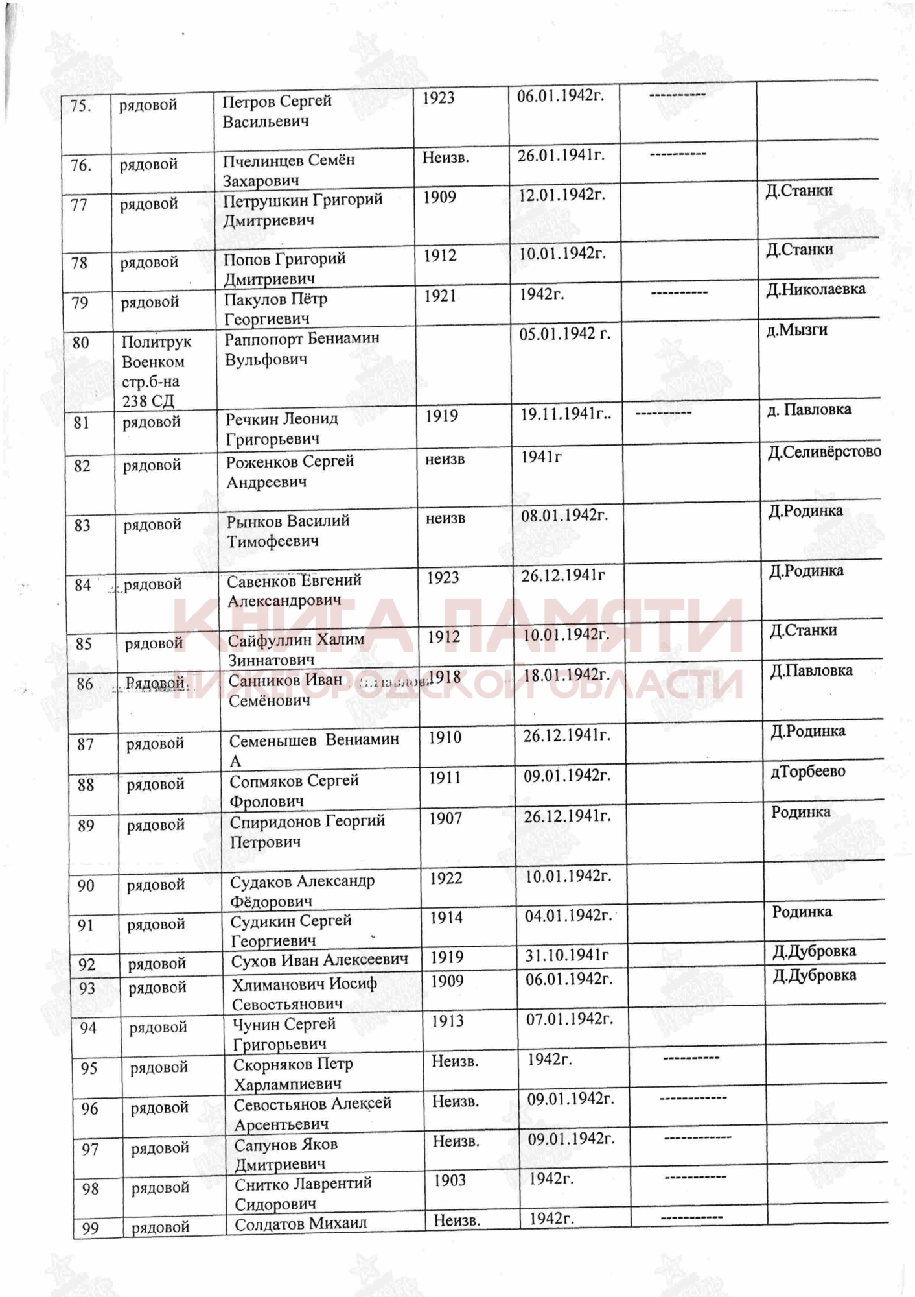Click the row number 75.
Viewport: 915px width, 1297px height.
(80, 106)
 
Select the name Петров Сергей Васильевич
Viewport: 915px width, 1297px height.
(277, 112)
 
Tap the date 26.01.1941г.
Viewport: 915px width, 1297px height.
(561, 156)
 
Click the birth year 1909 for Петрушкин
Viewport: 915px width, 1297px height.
(439, 197)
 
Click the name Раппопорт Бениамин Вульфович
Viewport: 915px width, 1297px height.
(302, 349)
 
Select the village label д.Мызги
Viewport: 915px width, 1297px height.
(796, 330)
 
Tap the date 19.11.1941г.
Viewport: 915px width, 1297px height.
(565, 414)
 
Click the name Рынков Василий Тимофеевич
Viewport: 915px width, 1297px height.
(288, 531)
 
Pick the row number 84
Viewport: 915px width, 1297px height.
(82, 586)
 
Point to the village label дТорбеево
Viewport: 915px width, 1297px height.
(807, 772)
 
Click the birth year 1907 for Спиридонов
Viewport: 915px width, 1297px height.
(445, 819)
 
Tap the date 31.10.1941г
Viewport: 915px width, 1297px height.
(566, 955)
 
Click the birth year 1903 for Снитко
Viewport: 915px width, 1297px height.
(450, 1180)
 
